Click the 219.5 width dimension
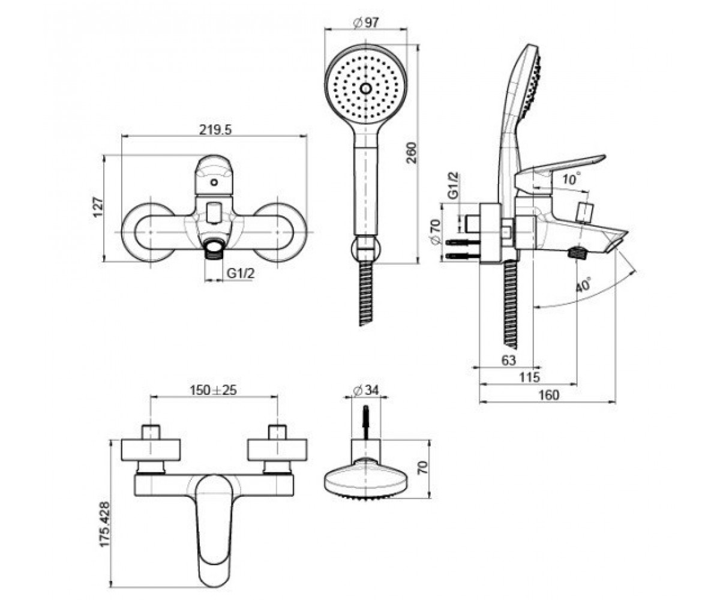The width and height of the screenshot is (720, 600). pyautogui.click(x=215, y=130)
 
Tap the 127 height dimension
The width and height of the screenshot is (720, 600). pyautogui.click(x=98, y=207)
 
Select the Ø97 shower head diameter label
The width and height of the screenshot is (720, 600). pyautogui.click(x=366, y=22)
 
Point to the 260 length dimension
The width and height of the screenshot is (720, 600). pyautogui.click(x=412, y=153)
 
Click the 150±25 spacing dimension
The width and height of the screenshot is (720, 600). pyautogui.click(x=214, y=390)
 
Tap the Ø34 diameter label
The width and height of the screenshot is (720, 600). pyautogui.click(x=366, y=391)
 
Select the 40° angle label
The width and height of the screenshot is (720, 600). pyautogui.click(x=583, y=285)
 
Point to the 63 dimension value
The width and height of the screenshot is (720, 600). pyautogui.click(x=509, y=361)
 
